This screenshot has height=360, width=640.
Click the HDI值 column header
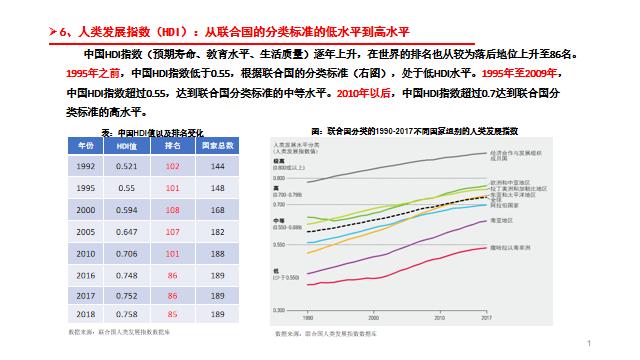click(127, 146)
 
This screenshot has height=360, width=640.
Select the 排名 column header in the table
click(172, 146)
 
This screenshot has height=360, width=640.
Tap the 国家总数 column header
click(217, 146)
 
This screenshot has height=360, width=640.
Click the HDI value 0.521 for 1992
click(127, 166)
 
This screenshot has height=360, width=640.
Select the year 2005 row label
click(86, 231)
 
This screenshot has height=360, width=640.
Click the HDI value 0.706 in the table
click(127, 253)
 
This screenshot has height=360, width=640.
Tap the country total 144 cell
click(217, 166)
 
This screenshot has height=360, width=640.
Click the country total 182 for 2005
click(217, 231)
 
